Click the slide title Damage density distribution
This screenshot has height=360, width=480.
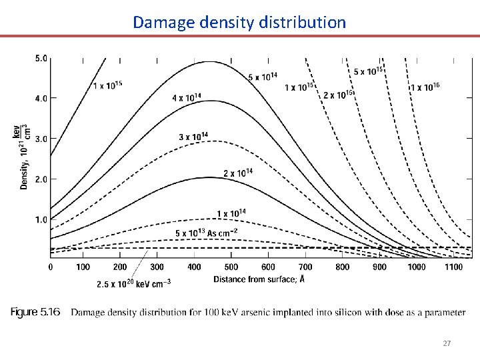pos(239,22)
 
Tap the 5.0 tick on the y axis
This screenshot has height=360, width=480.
pos(41,58)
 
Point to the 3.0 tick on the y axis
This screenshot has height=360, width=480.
pos(41,139)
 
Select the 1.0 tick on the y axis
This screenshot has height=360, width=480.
pos(41,219)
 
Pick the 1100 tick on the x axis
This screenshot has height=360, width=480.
pos(454,267)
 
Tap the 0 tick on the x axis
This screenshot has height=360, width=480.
pos(51,267)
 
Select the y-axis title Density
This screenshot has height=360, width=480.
pos(25,157)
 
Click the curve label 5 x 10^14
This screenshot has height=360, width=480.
pos(263,77)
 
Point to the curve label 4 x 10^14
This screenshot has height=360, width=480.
pos(187,97)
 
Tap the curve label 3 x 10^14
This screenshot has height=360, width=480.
pos(193,137)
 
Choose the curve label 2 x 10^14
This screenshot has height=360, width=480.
pos(238,173)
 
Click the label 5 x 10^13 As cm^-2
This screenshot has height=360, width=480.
pos(207,232)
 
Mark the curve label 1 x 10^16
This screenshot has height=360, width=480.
pos(425,87)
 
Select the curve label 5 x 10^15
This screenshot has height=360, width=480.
pos(368,71)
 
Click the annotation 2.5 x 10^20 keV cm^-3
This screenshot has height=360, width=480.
pos(133,284)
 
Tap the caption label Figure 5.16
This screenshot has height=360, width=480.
pos(36,312)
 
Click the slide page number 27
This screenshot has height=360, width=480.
pos(447,343)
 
